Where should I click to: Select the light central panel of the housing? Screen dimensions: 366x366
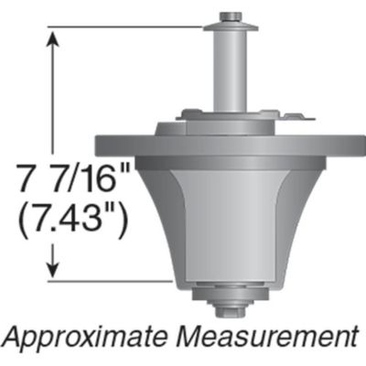tap(229, 220)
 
